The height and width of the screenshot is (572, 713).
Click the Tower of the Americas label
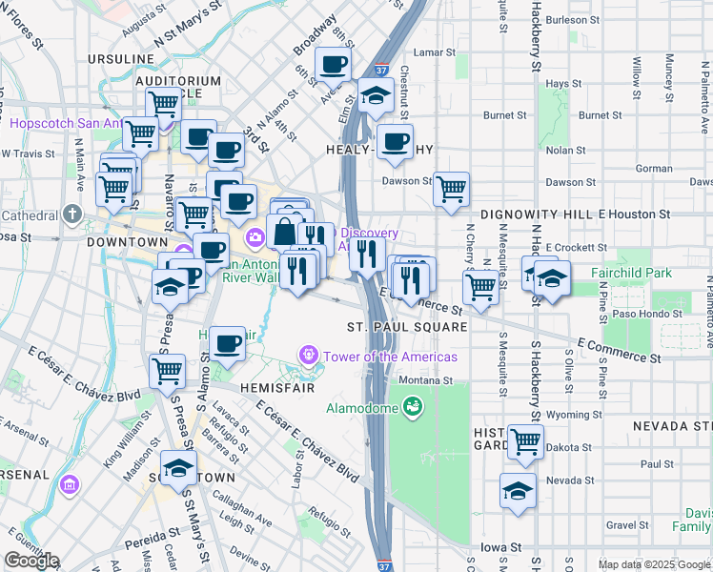coord(389,357)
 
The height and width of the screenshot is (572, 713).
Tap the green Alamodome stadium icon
coord(412,408)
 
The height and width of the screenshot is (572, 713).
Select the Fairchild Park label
coord(631,273)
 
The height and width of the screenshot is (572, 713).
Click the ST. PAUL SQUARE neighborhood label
coord(407,327)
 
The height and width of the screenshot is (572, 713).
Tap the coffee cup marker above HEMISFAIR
coord(226,344)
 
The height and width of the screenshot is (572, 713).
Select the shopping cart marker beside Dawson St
coord(451,188)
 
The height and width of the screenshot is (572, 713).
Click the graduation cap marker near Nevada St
coord(518,490)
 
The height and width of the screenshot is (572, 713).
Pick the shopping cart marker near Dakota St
coord(525,440)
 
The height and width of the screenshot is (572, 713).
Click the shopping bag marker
coord(284,231)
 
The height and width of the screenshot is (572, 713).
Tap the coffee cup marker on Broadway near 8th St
coord(333,64)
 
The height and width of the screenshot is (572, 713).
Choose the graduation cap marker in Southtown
coord(177,468)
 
